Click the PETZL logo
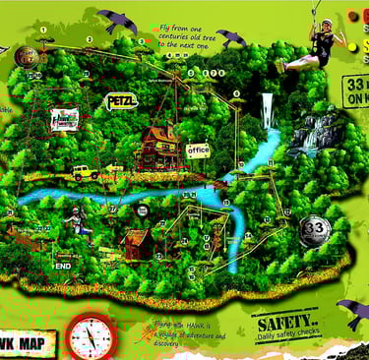click(x=121, y=100)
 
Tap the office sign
click(x=198, y=150)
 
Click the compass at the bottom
click(x=92, y=336)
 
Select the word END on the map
click(x=64, y=266)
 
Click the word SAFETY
click(x=285, y=323)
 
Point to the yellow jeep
click(x=84, y=173)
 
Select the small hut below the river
click(x=136, y=241)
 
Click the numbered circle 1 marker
click(x=44, y=30)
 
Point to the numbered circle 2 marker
click(x=89, y=39)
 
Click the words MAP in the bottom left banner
click(x=32, y=343)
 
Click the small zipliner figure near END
click(x=77, y=219)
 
